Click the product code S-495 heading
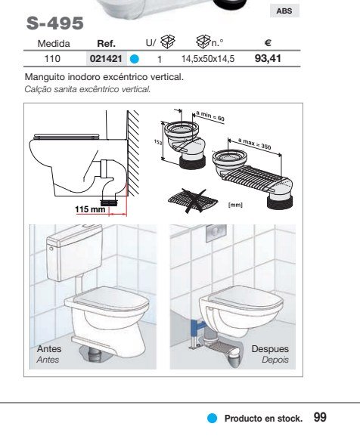(x=55, y=23)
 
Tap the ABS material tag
(x=284, y=11)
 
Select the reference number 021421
(x=106, y=59)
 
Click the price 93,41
(x=268, y=58)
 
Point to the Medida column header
(x=54, y=43)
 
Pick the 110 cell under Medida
(x=52, y=59)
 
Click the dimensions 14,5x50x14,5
(x=208, y=59)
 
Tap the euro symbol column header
(x=268, y=43)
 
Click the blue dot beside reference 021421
(x=135, y=59)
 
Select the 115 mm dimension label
(x=90, y=209)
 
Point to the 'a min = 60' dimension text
(x=210, y=116)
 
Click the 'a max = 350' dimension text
(x=254, y=144)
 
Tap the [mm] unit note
(x=235, y=205)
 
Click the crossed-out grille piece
(x=194, y=200)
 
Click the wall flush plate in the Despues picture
(x=216, y=231)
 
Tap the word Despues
(x=270, y=349)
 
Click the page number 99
(x=320, y=417)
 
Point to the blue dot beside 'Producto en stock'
(x=213, y=419)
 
